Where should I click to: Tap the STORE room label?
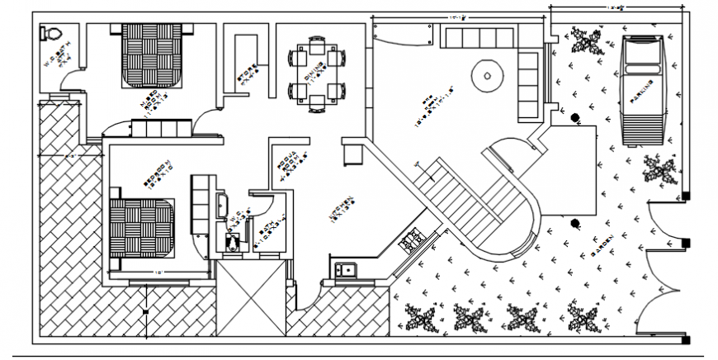coord(245,73)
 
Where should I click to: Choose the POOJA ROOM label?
coord(286,164)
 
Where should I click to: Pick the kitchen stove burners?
coord(410,240)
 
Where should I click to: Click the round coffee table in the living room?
coord(487,76)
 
